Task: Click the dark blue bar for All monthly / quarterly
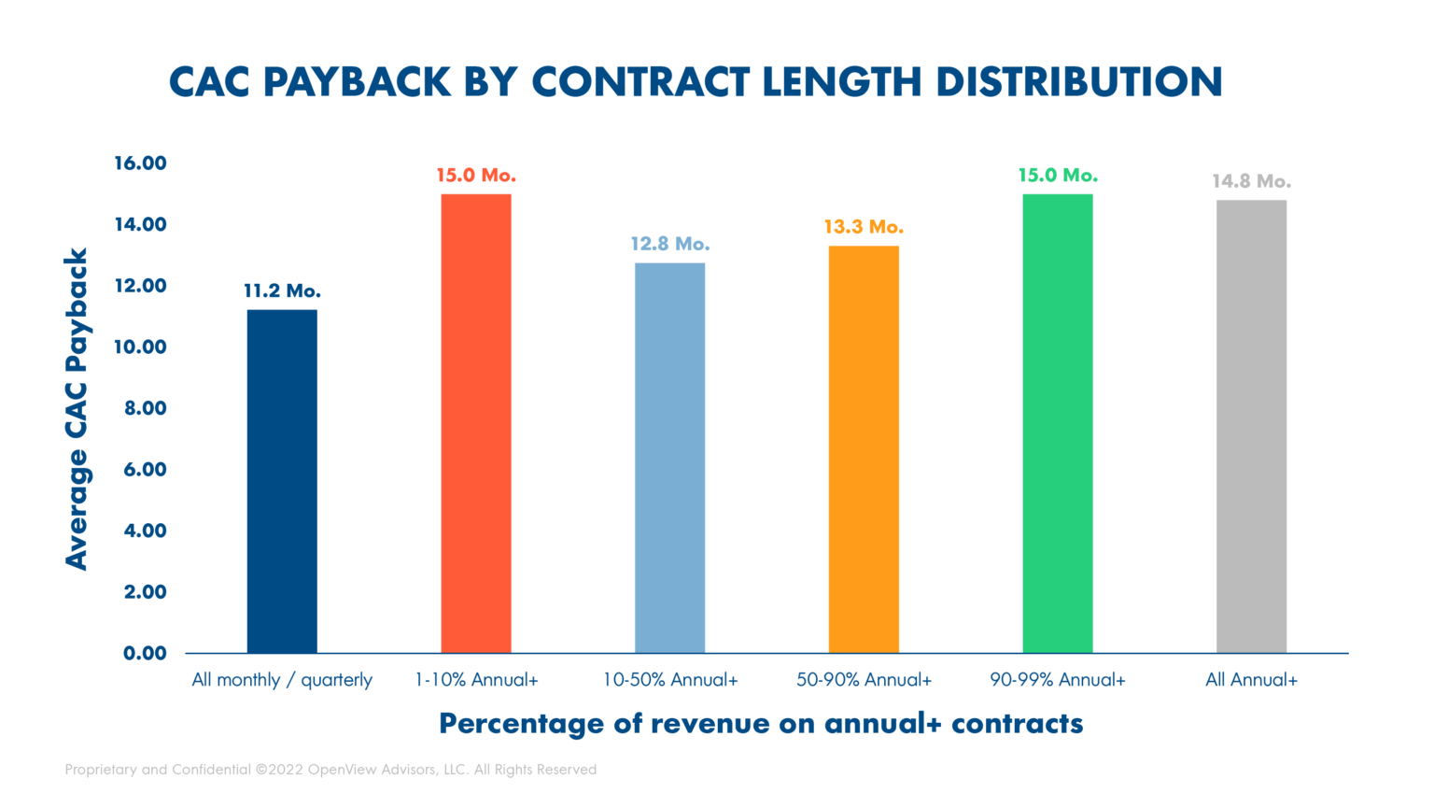click(282, 481)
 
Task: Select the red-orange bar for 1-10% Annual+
click(476, 423)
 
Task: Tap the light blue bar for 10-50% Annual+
click(669, 458)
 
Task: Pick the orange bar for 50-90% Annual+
click(864, 449)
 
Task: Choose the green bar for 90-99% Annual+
click(1057, 423)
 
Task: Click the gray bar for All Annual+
click(1251, 426)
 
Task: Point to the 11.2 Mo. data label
click(282, 291)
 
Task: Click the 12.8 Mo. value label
click(669, 244)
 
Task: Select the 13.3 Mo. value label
click(864, 227)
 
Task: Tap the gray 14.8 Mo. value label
click(1251, 181)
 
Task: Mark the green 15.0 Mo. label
click(1057, 176)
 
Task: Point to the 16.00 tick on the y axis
click(140, 163)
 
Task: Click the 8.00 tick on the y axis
click(145, 408)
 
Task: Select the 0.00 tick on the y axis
click(145, 653)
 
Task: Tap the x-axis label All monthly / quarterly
click(282, 680)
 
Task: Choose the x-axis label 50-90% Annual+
click(864, 680)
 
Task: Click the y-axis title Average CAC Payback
click(77, 408)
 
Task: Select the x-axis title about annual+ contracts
click(761, 724)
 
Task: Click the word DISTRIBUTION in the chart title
click(1079, 82)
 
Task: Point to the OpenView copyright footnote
click(330, 770)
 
